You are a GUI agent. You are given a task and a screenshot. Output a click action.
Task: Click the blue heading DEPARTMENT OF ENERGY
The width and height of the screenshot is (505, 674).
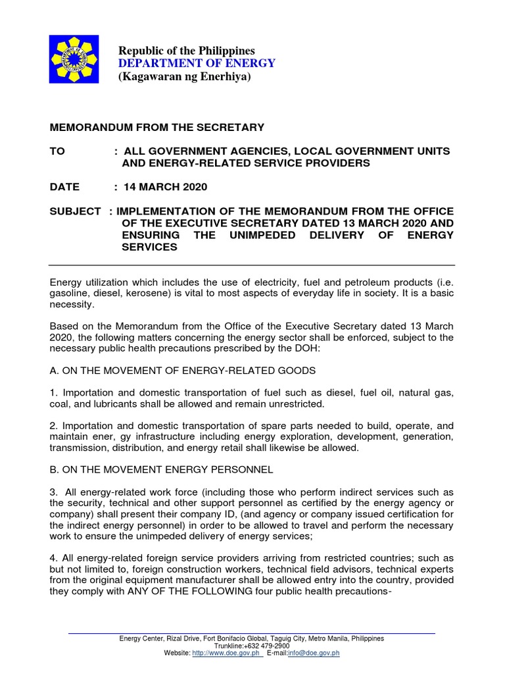(197, 63)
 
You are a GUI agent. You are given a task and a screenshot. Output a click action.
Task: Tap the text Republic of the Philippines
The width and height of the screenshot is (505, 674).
(186, 51)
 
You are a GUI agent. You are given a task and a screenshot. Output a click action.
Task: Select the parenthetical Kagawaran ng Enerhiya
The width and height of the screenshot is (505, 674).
(185, 77)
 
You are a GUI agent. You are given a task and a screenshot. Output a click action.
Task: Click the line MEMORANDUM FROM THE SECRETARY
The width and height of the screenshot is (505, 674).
(157, 127)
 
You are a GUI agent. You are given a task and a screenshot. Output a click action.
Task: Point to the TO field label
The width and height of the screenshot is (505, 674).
(58, 151)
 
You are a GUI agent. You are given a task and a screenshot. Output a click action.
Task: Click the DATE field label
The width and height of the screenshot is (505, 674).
(65, 187)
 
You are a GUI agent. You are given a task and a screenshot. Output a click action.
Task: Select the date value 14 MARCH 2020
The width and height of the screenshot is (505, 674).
(164, 187)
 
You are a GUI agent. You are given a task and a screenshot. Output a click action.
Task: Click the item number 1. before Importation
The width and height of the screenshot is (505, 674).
(54, 393)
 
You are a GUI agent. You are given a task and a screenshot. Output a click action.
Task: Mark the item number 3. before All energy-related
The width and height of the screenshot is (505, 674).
(54, 493)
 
